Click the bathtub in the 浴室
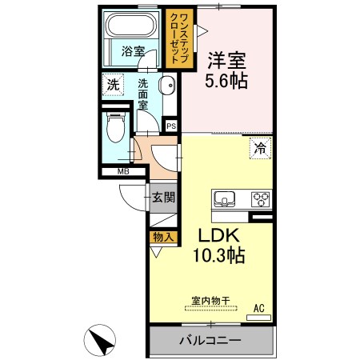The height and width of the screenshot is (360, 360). [131, 25]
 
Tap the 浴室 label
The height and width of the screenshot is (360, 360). [133, 51]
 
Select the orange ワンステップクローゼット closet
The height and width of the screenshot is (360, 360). [179, 38]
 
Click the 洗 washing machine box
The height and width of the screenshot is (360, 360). [113, 85]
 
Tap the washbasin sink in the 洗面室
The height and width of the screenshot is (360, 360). [167, 86]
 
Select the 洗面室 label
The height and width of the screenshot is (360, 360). [142, 94]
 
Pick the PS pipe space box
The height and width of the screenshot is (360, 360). [171, 126]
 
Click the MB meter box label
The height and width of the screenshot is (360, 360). [123, 171]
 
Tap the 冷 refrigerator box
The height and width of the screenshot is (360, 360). [260, 149]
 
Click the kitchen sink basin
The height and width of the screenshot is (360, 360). [225, 199]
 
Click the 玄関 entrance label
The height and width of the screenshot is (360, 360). [163, 198]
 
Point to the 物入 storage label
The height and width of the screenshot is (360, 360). [162, 237]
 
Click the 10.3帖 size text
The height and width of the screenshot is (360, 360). [219, 255]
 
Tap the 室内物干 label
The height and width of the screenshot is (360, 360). [210, 301]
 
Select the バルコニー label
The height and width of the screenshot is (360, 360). [210, 340]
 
